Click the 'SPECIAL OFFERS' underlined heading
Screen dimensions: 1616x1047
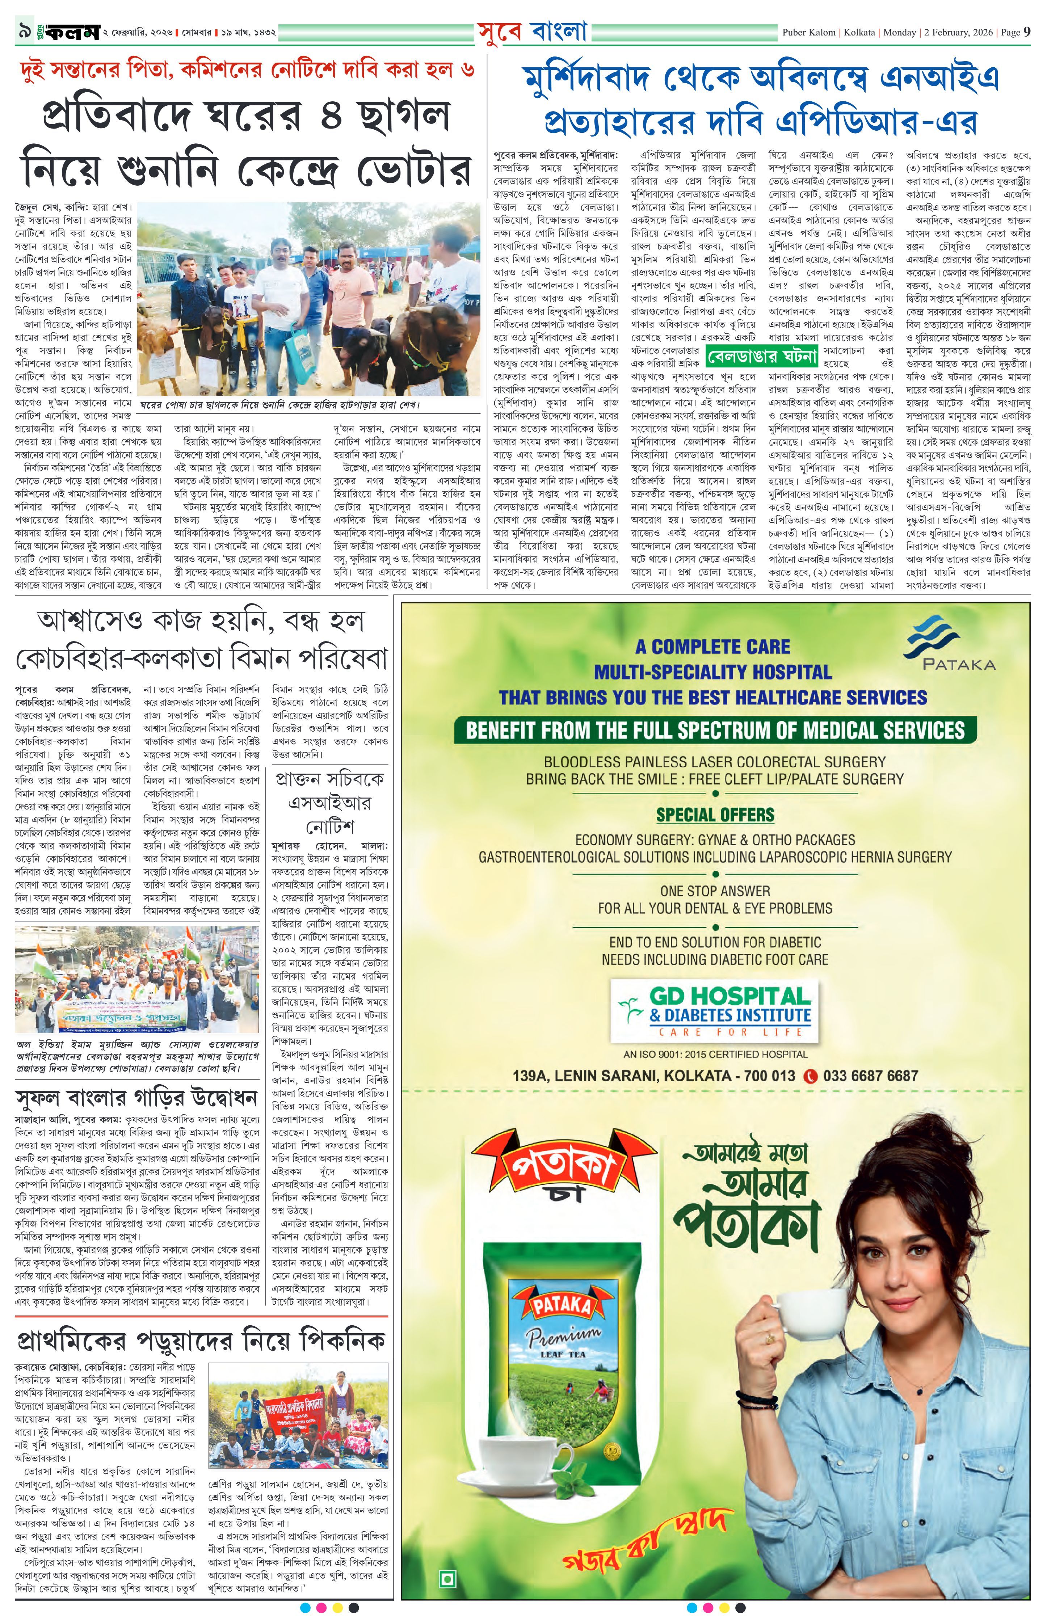714,815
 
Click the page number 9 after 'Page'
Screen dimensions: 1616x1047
1027,32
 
